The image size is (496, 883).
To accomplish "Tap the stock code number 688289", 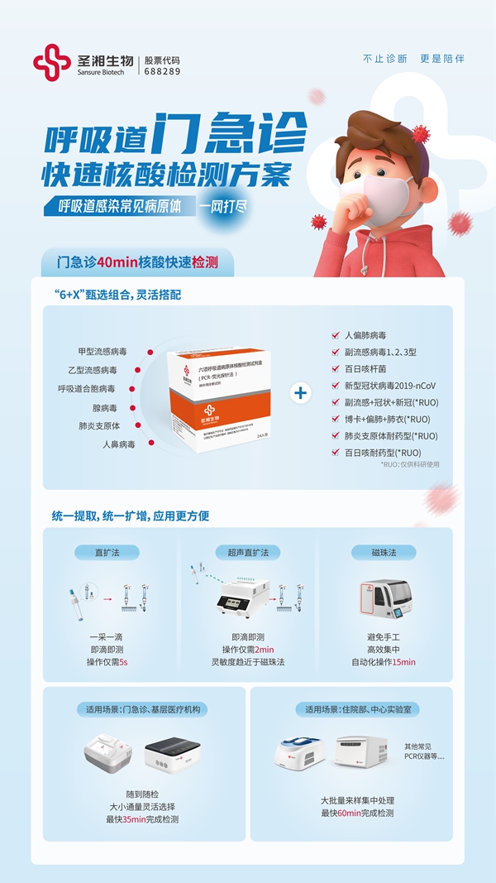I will click(162, 72).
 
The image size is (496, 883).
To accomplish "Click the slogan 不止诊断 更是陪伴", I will click(413, 59).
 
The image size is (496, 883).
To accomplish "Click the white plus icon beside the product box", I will click(302, 393).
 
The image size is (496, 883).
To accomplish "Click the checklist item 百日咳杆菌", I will click(365, 369).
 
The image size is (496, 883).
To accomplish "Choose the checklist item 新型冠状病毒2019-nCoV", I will click(389, 386).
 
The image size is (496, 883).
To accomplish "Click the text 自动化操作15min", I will click(384, 662).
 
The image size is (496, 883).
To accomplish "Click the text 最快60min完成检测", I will click(358, 813).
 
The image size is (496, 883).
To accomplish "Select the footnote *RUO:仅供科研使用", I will click(410, 464).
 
